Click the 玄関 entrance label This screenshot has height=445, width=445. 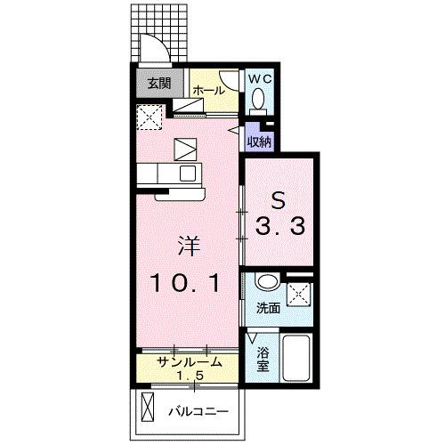(158, 85)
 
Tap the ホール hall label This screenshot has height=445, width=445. (207, 91)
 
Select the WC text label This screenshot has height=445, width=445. (258, 79)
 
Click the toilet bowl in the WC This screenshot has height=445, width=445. (259, 101)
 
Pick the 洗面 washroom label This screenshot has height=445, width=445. (268, 309)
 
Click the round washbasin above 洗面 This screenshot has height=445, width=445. (266, 284)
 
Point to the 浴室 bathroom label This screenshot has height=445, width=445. (263, 358)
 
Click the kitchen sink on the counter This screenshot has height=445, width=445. (188, 172)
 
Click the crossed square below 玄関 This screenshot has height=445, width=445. (150, 116)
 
